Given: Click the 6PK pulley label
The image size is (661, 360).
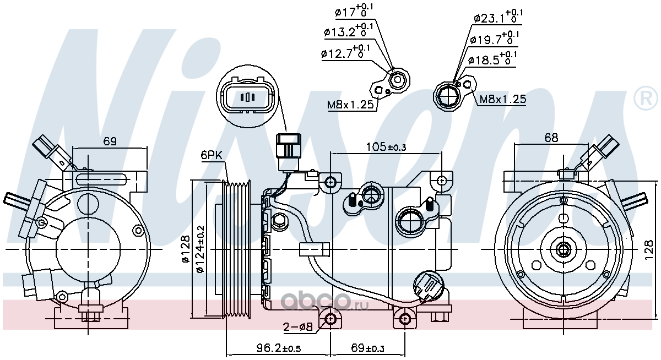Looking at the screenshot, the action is click(212, 155).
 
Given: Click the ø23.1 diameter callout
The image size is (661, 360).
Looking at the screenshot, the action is click(499, 17).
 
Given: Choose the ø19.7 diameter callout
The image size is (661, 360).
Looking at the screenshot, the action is click(494, 39).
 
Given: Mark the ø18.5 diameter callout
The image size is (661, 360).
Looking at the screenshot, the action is click(492, 59).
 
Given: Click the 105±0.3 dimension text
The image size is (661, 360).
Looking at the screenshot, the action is click(386, 146).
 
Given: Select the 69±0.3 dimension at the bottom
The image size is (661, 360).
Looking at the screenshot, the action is click(367, 348).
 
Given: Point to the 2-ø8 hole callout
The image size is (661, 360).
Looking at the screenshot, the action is click(297, 326).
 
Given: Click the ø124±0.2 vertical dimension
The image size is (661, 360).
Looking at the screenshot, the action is click(201, 249).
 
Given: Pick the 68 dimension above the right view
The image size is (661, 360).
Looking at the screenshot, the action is click(551, 138).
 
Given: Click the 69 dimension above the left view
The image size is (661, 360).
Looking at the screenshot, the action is click(110, 141).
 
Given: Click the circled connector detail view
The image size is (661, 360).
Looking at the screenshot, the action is click(247, 96).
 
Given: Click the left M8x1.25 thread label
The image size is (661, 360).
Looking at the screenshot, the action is click(350, 105).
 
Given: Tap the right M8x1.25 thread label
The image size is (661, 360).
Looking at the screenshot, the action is click(503, 99).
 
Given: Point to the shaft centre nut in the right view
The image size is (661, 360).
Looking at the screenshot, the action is click(564, 249).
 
